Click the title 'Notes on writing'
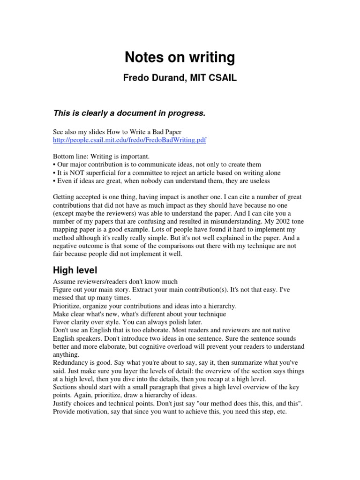180,58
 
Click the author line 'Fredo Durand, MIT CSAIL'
180,79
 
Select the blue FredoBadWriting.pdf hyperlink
129,140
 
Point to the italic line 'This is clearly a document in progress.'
129,113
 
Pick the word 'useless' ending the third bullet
258,180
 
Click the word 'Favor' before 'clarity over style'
61,322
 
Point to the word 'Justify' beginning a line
63,404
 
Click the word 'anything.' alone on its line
66,354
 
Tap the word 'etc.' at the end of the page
279,412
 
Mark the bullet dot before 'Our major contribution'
54,165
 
